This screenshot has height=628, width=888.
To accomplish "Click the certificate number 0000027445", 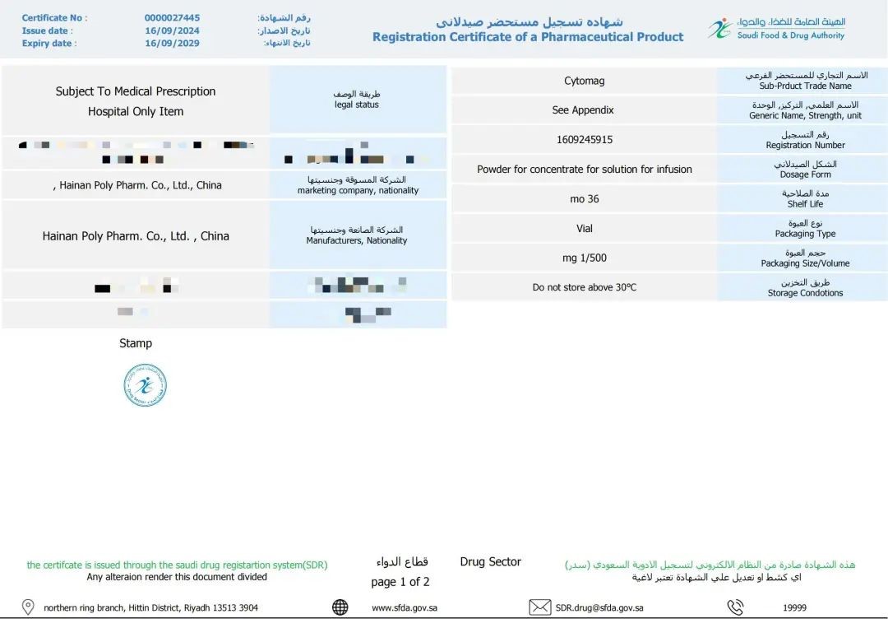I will tap(172, 18).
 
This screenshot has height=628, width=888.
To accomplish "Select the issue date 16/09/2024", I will tap(172, 30).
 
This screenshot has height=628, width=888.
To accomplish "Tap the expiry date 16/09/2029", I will tap(172, 44).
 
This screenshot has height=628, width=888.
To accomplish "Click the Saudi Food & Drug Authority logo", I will tap(719, 29).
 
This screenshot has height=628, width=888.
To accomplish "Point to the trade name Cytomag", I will tap(584, 81).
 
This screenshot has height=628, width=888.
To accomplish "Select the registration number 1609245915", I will tap(584, 140).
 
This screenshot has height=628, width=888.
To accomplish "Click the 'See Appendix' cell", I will tap(583, 110).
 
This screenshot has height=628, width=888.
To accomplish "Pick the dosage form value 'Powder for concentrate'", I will tap(584, 170).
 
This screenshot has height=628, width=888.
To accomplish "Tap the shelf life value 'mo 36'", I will tap(584, 199).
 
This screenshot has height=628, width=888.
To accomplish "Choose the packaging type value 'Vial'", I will tap(584, 229).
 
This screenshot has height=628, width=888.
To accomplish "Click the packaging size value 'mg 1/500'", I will tap(584, 258).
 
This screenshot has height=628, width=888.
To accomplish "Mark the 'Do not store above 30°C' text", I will tap(584, 288).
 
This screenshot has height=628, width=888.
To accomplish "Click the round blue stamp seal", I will tap(146, 385).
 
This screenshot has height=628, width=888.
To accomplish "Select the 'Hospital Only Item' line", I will tap(136, 112).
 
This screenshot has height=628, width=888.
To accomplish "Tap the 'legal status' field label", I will tap(356, 105).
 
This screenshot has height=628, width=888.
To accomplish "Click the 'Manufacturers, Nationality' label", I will tap(356, 241).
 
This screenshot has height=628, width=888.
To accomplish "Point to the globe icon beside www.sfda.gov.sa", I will tap(340, 607).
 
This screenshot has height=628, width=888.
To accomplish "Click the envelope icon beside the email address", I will tap(539, 607).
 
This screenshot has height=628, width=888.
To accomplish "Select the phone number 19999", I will tap(794, 608).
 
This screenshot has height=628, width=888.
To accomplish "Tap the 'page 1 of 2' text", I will tap(400, 582).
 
